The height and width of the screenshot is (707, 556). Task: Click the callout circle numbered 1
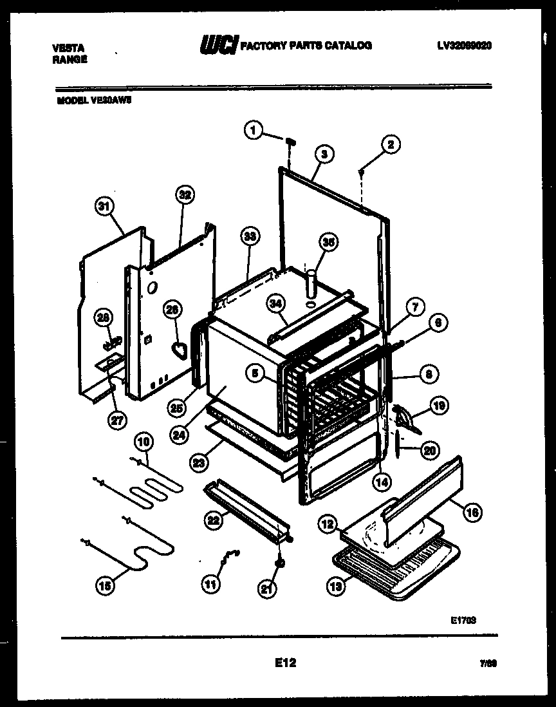[253, 131]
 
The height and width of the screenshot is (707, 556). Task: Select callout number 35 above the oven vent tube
[328, 243]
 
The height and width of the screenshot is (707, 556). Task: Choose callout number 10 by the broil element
[144, 442]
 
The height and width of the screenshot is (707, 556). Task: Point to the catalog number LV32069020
[464, 46]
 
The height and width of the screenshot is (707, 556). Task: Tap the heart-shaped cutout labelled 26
[179, 350]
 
